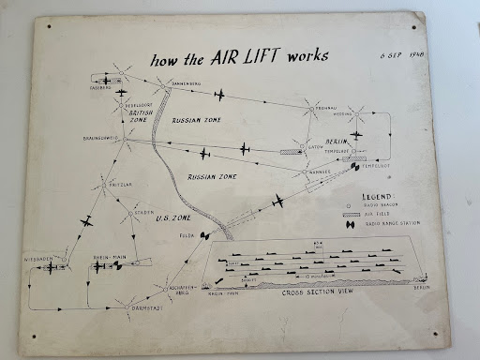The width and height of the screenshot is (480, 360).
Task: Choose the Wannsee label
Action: (x=321, y=172)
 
